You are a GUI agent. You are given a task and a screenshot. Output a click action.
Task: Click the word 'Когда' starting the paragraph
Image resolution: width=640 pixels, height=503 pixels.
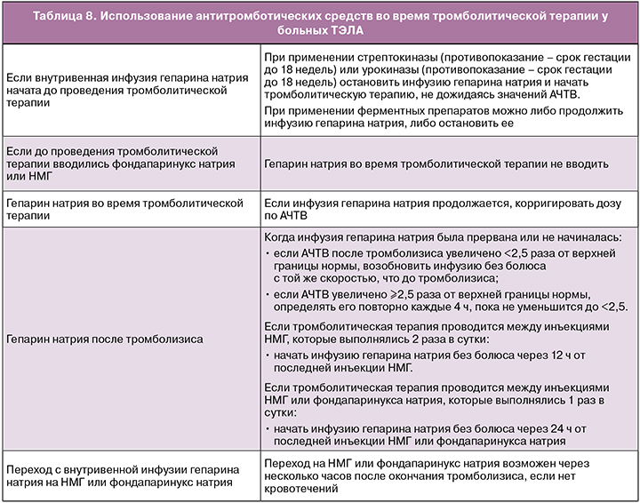click(284, 238)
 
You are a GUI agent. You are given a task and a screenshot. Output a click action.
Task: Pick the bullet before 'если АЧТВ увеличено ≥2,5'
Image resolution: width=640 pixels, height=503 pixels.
click(269, 294)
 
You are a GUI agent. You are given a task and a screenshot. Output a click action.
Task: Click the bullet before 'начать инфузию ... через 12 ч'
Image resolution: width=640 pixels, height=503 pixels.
click(269, 354)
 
